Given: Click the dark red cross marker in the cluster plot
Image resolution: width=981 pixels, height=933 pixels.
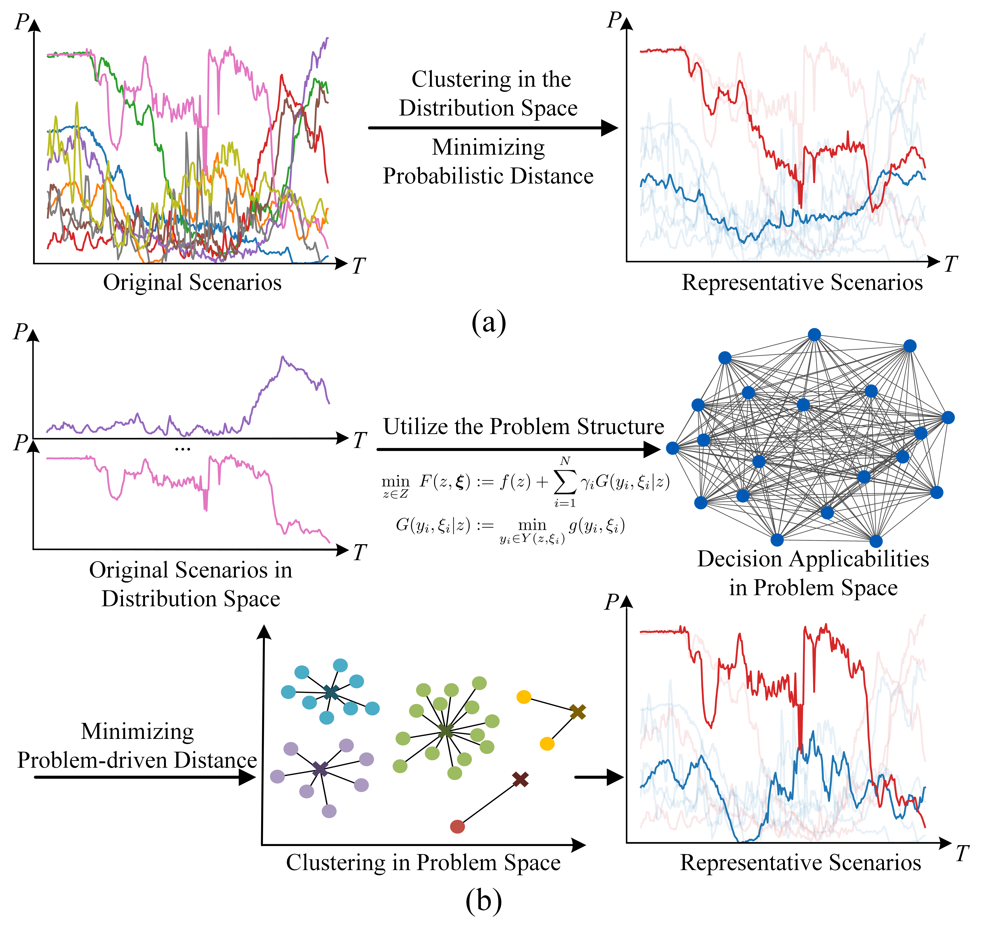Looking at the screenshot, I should tap(520, 779).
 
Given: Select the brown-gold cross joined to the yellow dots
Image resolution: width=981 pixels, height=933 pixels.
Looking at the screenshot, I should tap(577, 712).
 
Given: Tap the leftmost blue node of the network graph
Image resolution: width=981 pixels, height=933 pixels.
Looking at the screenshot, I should tap(672, 448).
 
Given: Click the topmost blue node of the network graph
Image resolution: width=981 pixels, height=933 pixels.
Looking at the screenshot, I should tap(814, 335).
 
